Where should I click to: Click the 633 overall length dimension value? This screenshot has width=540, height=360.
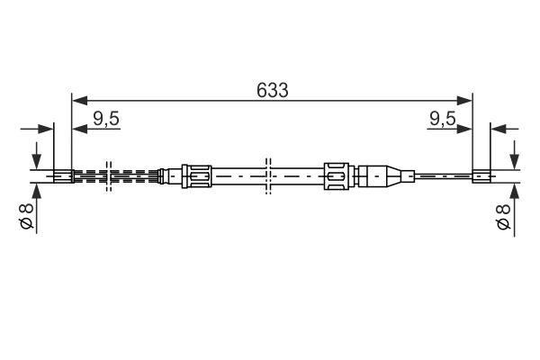coord(271,90)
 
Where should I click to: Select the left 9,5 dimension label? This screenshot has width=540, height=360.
coord(106,118)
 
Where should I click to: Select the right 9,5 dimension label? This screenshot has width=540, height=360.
coord(441,118)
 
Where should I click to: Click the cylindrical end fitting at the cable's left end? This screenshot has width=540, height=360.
coord(62,175)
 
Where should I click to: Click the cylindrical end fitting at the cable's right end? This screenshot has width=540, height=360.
coord(481,175)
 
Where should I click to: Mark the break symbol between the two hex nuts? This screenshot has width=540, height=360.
coord(267,174)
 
